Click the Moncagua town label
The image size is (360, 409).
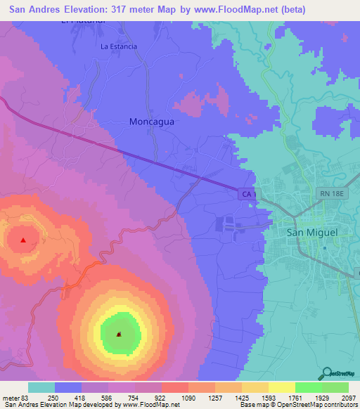click(x=151, y=121)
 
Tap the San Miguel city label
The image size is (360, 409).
click(x=312, y=232)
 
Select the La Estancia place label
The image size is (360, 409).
click(x=119, y=47)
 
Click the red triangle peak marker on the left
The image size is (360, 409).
click(x=23, y=240)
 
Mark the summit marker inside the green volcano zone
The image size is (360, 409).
click(x=119, y=334)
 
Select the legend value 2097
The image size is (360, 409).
click(x=347, y=397)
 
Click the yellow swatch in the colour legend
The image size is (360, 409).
click(x=281, y=387)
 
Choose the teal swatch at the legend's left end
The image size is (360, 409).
click(x=41, y=387)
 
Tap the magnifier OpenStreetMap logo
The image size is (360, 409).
click(x=326, y=372)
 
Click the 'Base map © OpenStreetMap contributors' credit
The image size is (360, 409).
click(x=298, y=405)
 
